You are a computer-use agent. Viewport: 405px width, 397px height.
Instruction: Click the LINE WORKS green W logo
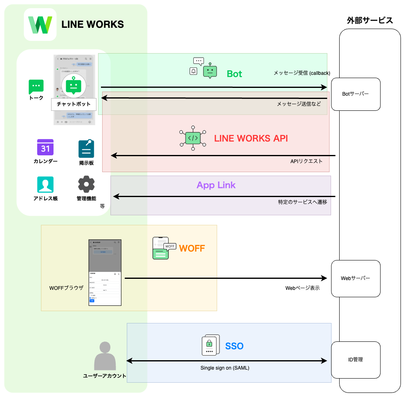pos(40,25)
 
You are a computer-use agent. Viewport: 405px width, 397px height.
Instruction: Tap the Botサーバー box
pos(356,94)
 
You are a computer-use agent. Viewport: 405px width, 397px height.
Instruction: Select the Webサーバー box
pos(356,278)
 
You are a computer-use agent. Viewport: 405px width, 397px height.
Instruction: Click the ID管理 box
pos(356,360)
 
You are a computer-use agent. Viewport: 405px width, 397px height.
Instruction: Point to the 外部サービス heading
pos(370,20)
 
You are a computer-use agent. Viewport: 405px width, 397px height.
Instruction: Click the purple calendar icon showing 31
pos(45,148)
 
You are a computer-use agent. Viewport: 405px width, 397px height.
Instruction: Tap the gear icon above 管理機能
pos(86,184)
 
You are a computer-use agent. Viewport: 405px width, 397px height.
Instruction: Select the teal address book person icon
pos(45,184)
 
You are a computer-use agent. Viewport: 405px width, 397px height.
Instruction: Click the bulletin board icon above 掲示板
pos(86,149)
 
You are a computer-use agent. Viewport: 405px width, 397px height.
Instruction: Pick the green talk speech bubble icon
pos(36,87)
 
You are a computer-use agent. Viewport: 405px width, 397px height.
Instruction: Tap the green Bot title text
pos(235,74)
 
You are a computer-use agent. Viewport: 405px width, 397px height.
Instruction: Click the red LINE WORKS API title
pos(251,138)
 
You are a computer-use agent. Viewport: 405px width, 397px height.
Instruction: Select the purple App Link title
pos(216,185)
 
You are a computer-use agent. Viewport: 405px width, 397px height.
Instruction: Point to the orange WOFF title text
pos(192,248)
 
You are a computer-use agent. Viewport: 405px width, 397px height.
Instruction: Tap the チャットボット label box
pos(74,104)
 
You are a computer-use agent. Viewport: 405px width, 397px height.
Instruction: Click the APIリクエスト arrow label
pos(307,161)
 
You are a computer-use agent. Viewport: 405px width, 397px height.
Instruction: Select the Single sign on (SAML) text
pos(225,368)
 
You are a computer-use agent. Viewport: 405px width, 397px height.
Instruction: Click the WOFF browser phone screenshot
pos(105,272)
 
